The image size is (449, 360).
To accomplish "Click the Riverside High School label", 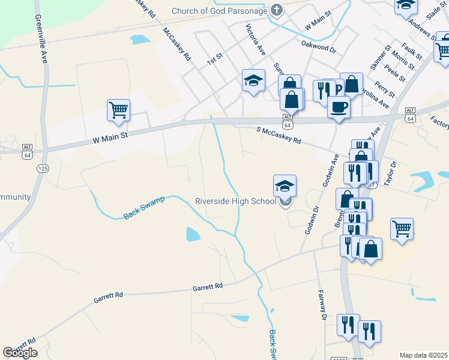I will (235, 202).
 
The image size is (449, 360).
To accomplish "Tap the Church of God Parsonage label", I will (220, 11).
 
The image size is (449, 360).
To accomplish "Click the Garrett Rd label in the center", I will (208, 287).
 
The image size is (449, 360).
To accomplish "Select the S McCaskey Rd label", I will (279, 134).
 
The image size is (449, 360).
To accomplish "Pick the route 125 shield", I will (42, 169).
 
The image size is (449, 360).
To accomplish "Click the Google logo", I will (20, 353).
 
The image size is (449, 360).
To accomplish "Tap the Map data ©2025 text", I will (424, 355).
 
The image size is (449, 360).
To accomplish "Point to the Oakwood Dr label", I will (318, 43).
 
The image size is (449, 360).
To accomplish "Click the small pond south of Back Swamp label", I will (193, 234).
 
